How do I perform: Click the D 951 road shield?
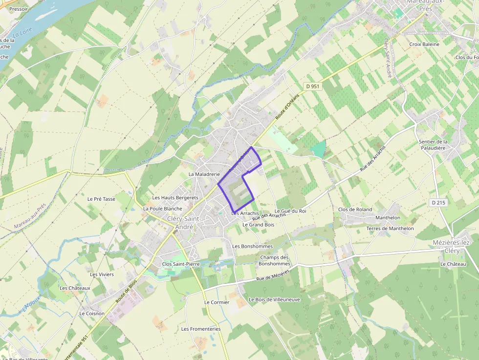311,86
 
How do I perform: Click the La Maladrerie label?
204,174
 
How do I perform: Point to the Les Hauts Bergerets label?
175,198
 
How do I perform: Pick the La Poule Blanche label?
163,209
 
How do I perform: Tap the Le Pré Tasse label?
101,199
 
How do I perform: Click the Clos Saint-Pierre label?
181,264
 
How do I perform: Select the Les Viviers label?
102,274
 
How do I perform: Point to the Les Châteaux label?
75,288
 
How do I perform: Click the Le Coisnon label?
92,313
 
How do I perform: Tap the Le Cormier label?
217,302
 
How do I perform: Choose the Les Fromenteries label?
201,329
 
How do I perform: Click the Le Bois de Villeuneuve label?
274,299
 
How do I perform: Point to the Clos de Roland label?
355,210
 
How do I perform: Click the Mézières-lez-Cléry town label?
452,247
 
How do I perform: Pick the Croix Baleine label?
424,44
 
